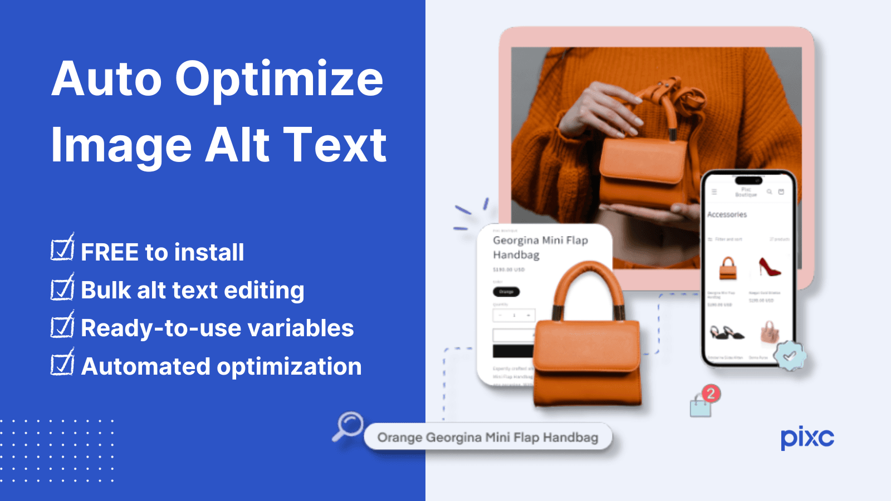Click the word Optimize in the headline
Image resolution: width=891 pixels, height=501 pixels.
point(279,80)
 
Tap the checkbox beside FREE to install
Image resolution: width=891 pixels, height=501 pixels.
point(62,249)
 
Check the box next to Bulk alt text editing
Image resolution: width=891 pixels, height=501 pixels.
point(62,288)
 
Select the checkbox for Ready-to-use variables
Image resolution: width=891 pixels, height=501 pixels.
point(62,326)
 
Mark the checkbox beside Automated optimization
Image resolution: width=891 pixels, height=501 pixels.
point(62,364)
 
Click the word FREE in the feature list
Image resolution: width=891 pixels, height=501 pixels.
point(109,253)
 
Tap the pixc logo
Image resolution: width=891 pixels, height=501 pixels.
point(807,438)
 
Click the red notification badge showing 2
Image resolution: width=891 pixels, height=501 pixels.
point(710,394)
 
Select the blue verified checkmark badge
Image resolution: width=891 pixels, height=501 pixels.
point(790,355)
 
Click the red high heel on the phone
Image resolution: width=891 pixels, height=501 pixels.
point(769,267)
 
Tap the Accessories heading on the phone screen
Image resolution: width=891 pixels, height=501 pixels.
point(727,214)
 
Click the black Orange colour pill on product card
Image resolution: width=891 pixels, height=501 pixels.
point(506,292)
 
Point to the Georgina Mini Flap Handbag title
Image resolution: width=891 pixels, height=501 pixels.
point(540,247)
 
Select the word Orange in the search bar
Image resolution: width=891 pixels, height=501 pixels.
point(399,438)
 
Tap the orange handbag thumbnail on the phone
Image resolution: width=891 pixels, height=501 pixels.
point(728,268)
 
